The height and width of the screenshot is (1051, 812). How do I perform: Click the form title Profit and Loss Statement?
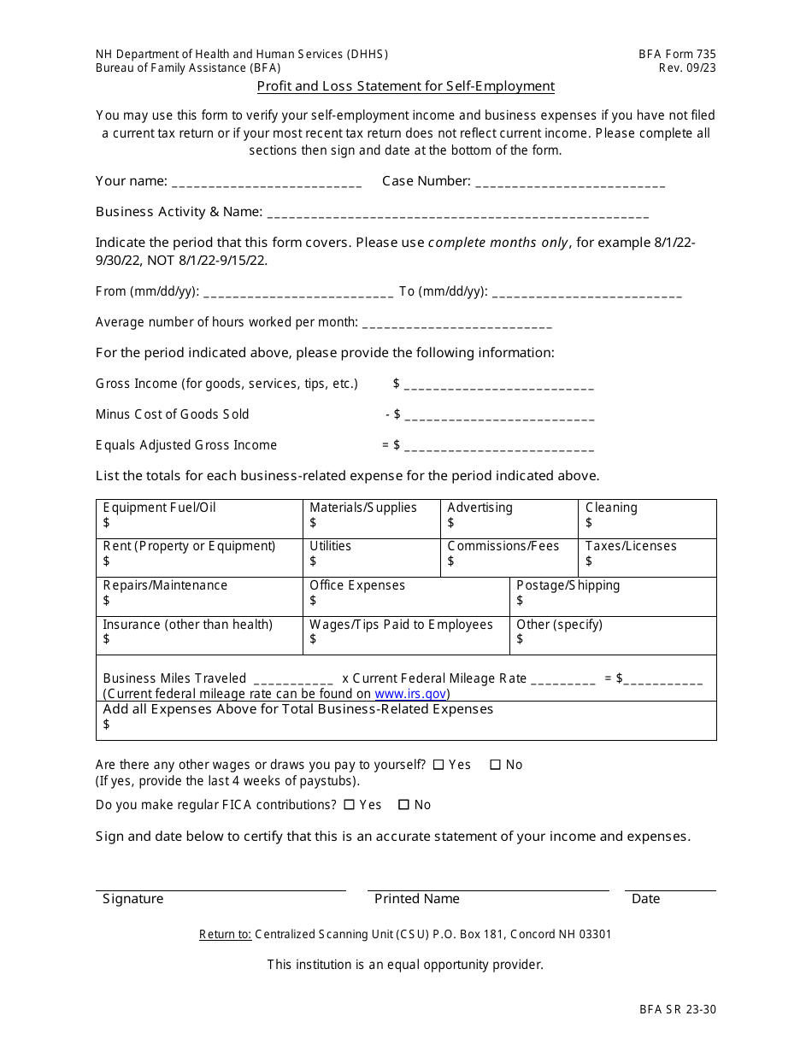(x=405, y=86)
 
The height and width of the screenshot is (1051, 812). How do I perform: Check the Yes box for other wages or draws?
(x=438, y=766)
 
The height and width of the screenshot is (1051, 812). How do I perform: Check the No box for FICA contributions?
(x=402, y=805)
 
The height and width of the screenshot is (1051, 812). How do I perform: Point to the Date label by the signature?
(x=645, y=899)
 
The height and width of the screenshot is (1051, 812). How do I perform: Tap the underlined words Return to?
(x=225, y=935)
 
